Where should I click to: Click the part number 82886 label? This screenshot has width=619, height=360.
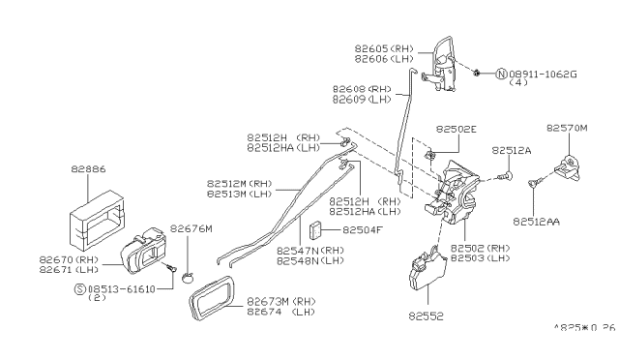pos(89,168)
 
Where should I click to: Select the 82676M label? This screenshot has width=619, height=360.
pos(192,229)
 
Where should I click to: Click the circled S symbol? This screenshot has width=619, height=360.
pos(79,288)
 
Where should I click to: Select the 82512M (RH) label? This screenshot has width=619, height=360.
pos(239,182)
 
